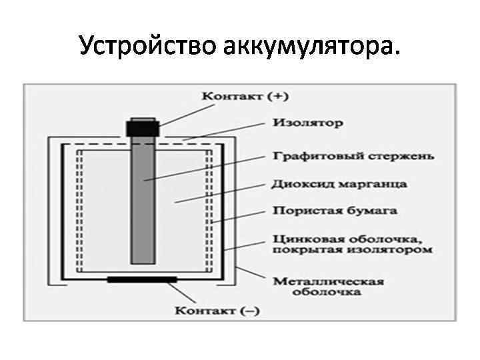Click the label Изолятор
(x=307, y=123)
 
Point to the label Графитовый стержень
(x=351, y=157)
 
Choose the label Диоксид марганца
(x=339, y=183)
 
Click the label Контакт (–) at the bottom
(x=217, y=310)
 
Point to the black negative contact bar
(x=142, y=279)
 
